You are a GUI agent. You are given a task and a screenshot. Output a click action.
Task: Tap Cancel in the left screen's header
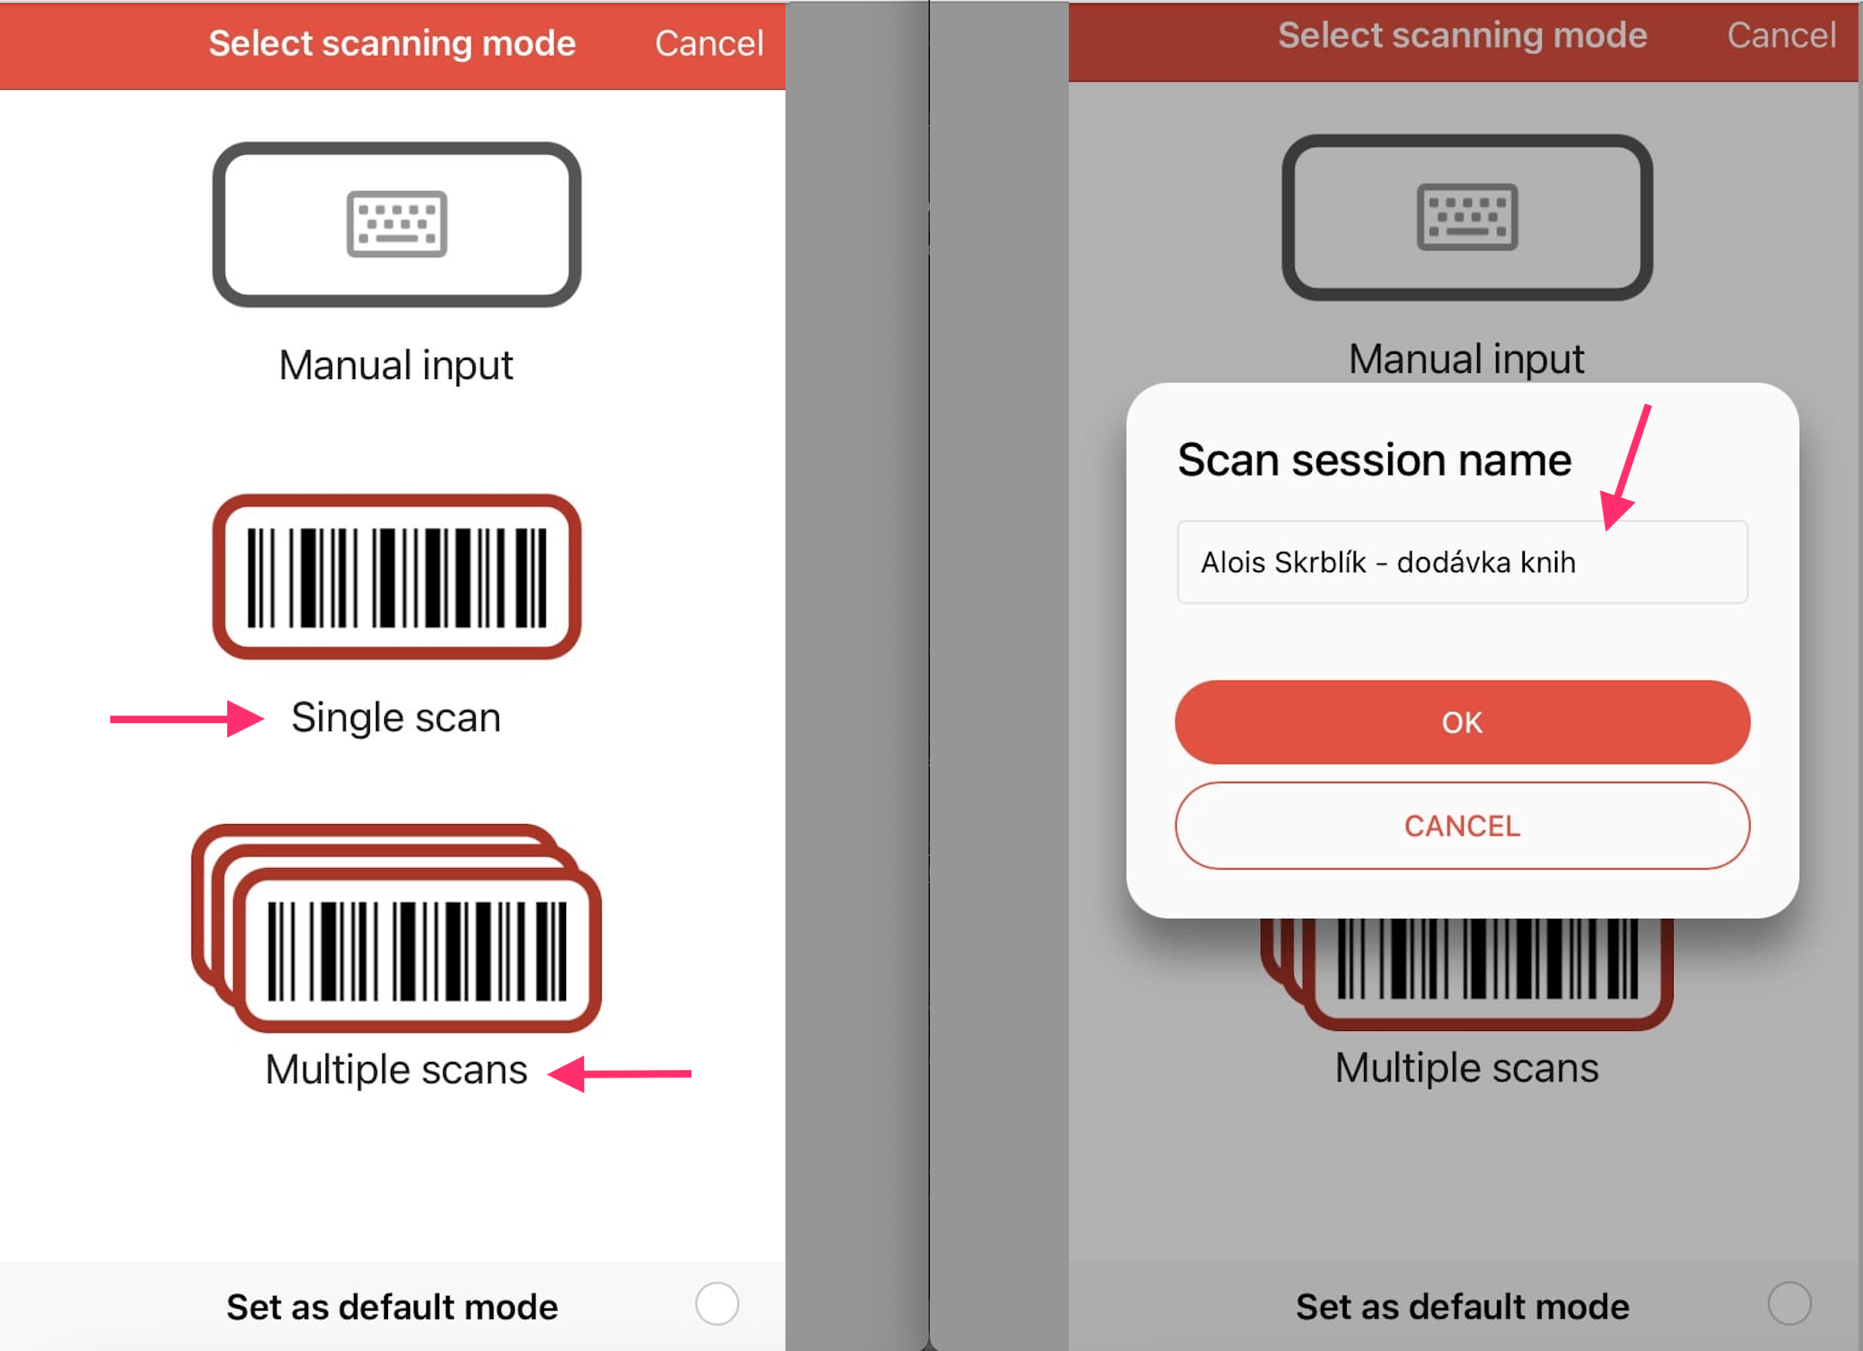709,44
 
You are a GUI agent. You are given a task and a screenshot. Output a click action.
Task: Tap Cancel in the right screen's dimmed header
1781,35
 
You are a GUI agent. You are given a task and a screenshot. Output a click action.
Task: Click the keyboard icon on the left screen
397,224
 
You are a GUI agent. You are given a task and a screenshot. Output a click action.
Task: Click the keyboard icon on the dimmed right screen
1467,217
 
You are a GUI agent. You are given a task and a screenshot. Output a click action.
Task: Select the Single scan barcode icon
397,577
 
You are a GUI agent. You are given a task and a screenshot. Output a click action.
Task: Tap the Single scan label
396,718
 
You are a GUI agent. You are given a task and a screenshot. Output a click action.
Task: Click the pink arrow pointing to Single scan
187,719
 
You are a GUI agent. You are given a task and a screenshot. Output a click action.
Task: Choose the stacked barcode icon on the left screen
397,928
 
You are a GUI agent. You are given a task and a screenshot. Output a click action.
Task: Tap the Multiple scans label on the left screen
396,1070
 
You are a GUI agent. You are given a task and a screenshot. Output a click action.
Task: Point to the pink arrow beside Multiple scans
619,1073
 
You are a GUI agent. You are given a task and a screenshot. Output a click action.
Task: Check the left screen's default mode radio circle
717,1304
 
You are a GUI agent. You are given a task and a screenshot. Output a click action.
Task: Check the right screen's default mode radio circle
1789,1303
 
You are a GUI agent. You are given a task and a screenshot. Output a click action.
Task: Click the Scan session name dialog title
1375,459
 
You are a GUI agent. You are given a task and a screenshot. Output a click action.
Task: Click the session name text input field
1462,562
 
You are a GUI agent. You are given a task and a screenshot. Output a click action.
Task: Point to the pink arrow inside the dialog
1626,468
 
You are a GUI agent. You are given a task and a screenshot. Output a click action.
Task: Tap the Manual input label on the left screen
396,365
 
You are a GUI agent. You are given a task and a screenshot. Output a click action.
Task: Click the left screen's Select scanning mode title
392,44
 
